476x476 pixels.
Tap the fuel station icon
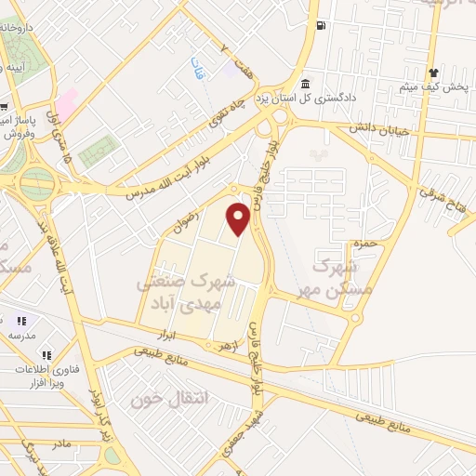322,25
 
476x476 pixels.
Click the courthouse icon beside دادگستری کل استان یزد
306,82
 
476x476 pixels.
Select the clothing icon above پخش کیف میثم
432,73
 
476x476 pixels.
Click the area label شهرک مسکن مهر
331,275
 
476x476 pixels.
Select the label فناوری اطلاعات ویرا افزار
34,375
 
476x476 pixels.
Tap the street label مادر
60,443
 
